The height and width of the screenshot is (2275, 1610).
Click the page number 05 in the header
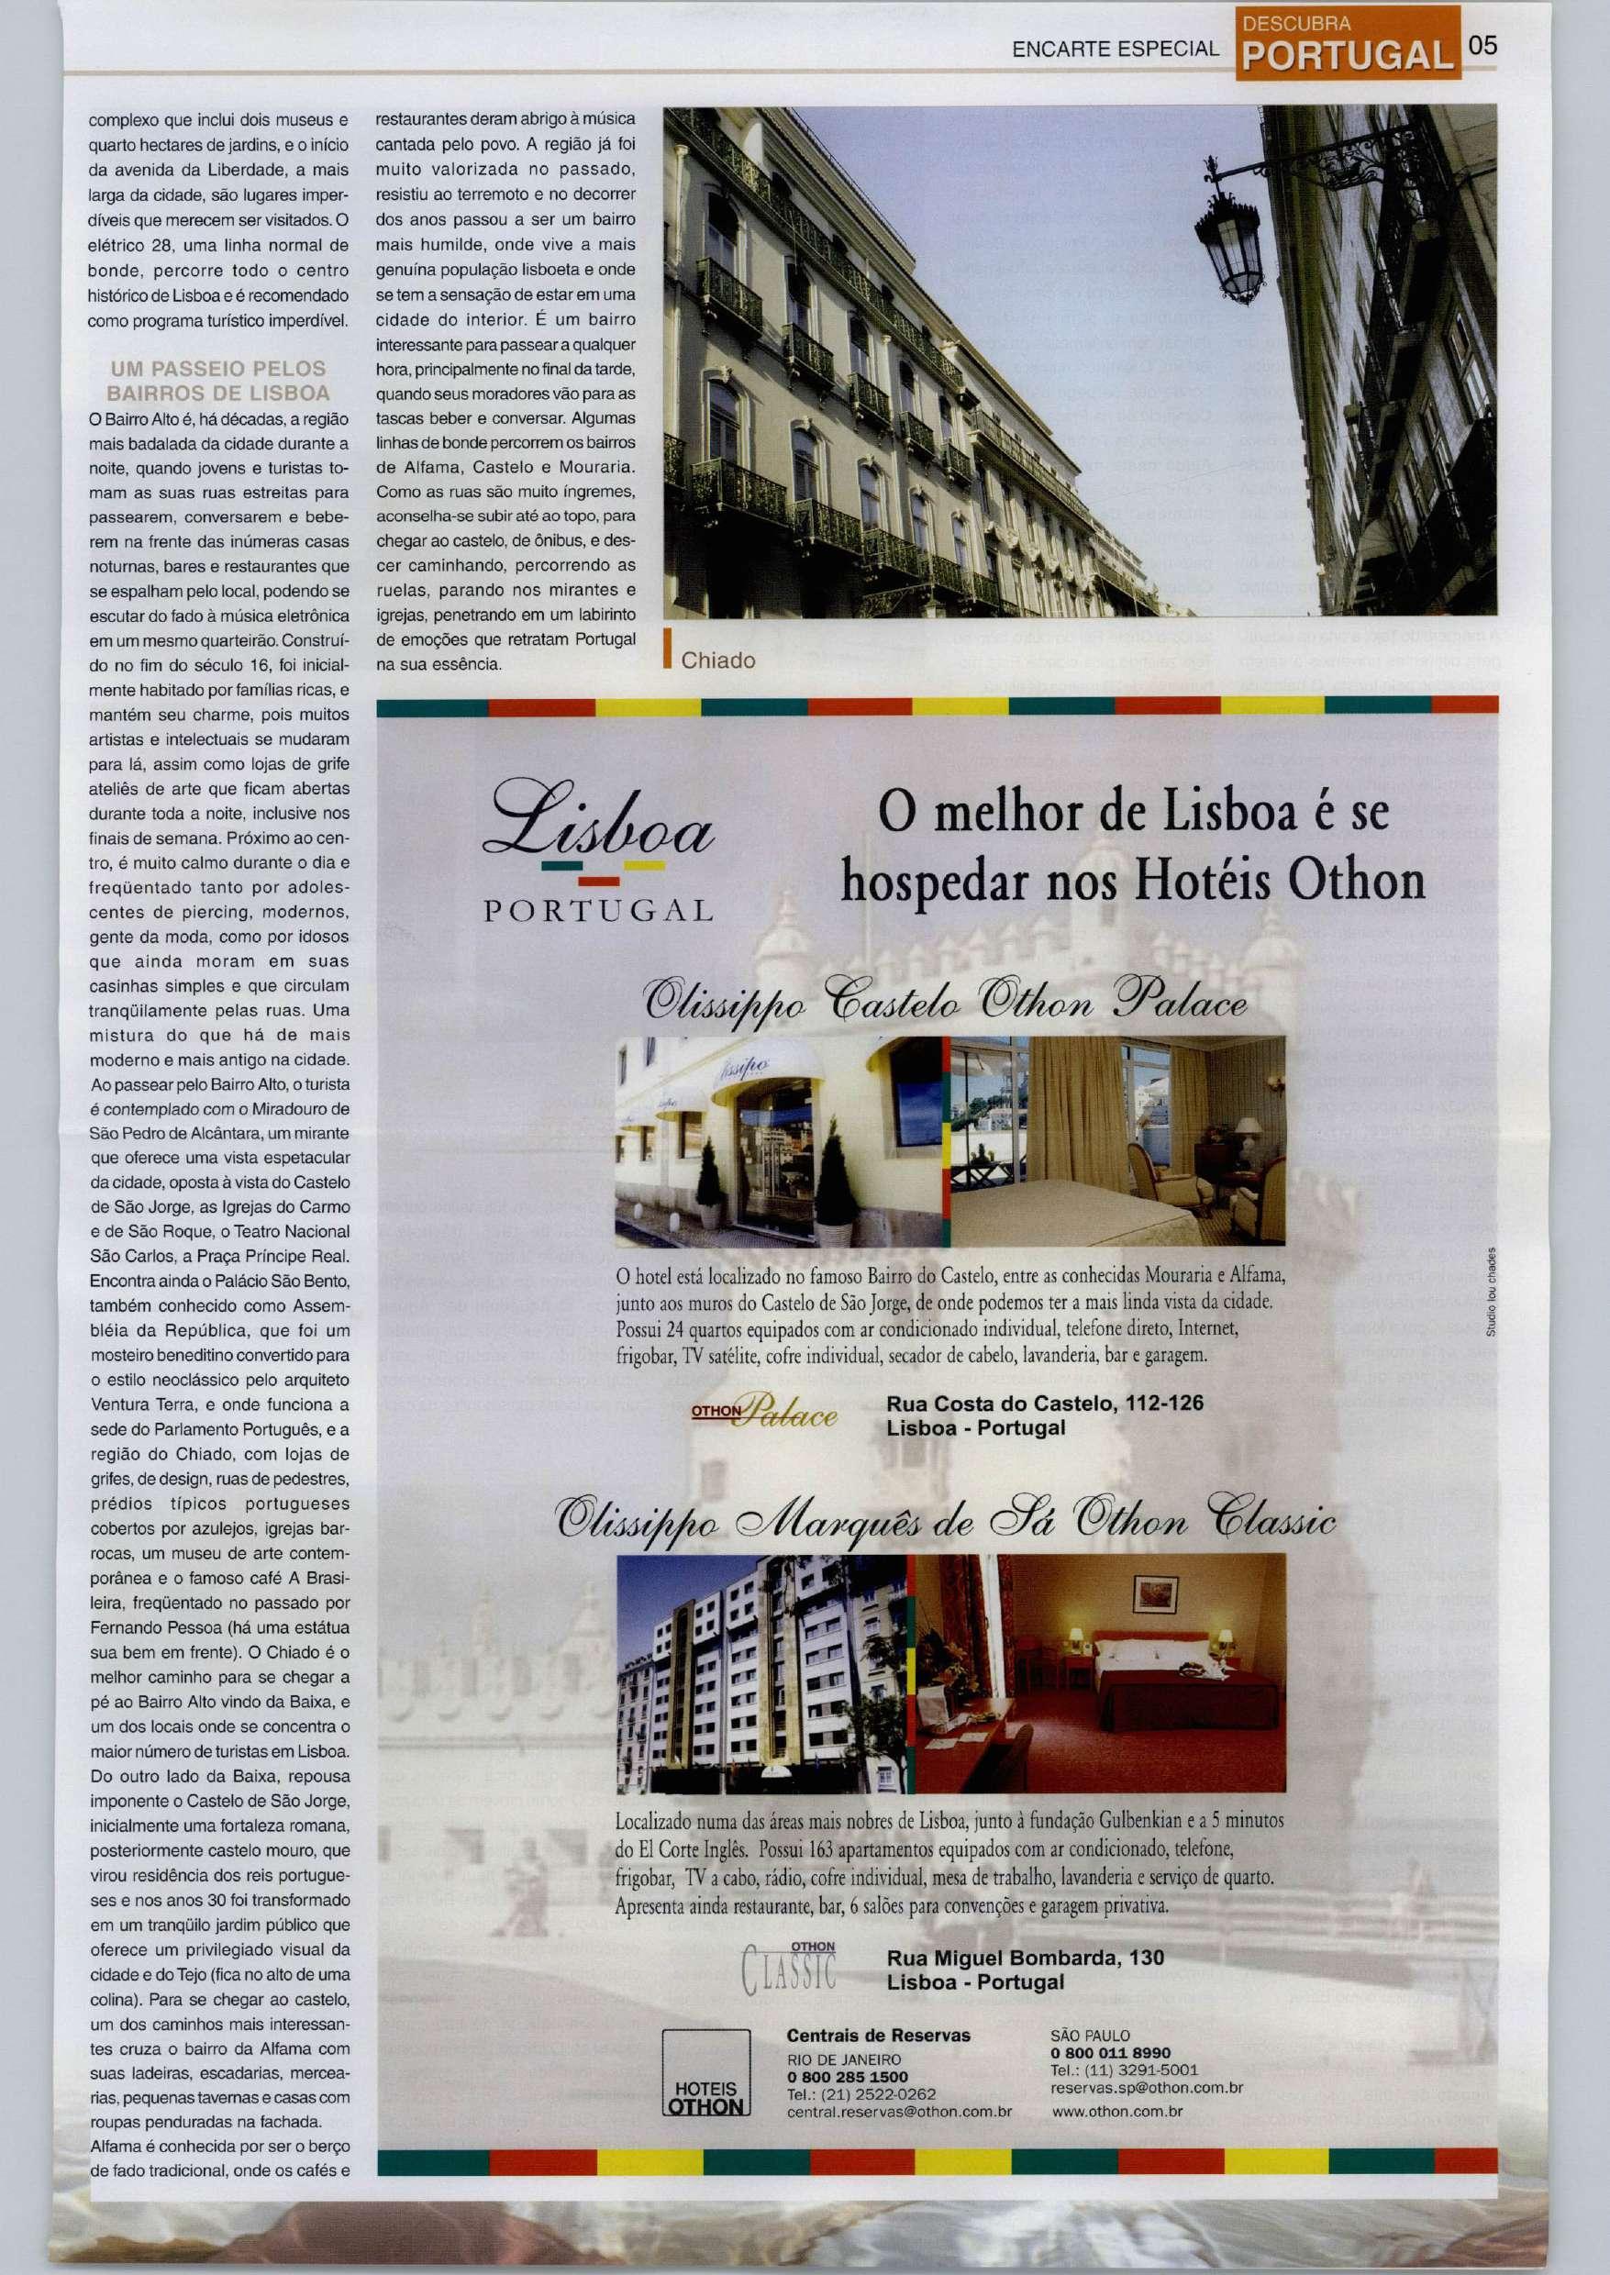click(1483, 47)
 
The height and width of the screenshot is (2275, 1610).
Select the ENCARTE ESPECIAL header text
click(1115, 49)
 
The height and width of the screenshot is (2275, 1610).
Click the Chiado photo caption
click(717, 661)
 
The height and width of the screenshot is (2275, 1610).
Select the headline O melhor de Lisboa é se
click(1134, 813)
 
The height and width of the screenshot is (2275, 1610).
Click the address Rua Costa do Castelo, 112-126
click(1045, 1404)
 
